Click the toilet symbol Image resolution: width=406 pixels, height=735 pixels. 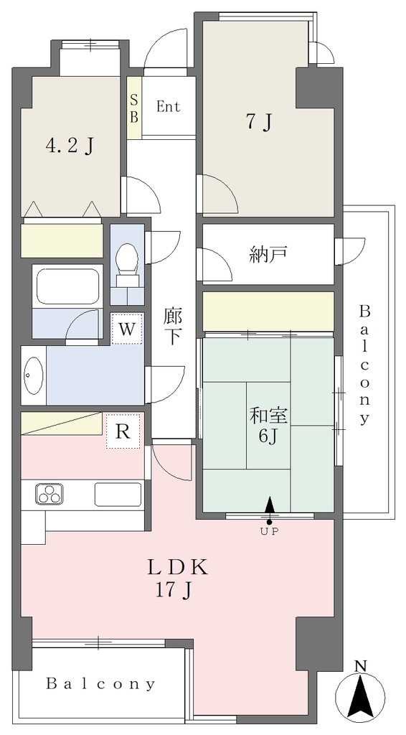(x=127, y=264)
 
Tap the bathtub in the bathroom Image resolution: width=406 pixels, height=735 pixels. (x=67, y=286)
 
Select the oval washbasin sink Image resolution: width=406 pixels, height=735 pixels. (x=33, y=375)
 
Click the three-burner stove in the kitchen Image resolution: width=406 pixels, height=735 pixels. (x=49, y=495)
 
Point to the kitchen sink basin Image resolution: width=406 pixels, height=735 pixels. (x=118, y=495)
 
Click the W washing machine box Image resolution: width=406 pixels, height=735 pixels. (x=127, y=329)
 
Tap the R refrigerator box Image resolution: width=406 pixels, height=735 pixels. (x=123, y=431)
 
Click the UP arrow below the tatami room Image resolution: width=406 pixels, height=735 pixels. (x=269, y=510)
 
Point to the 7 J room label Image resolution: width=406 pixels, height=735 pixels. (x=259, y=123)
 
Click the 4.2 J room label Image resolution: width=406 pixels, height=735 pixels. (x=70, y=146)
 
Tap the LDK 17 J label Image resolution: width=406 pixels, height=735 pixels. (x=177, y=579)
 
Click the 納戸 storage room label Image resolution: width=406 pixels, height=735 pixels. (x=268, y=254)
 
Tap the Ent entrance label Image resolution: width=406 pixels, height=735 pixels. (x=168, y=107)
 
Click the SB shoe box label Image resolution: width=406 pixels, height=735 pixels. (x=134, y=108)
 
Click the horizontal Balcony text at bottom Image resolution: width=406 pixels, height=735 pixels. (x=100, y=685)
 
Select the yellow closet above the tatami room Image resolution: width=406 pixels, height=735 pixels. (x=268, y=311)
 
